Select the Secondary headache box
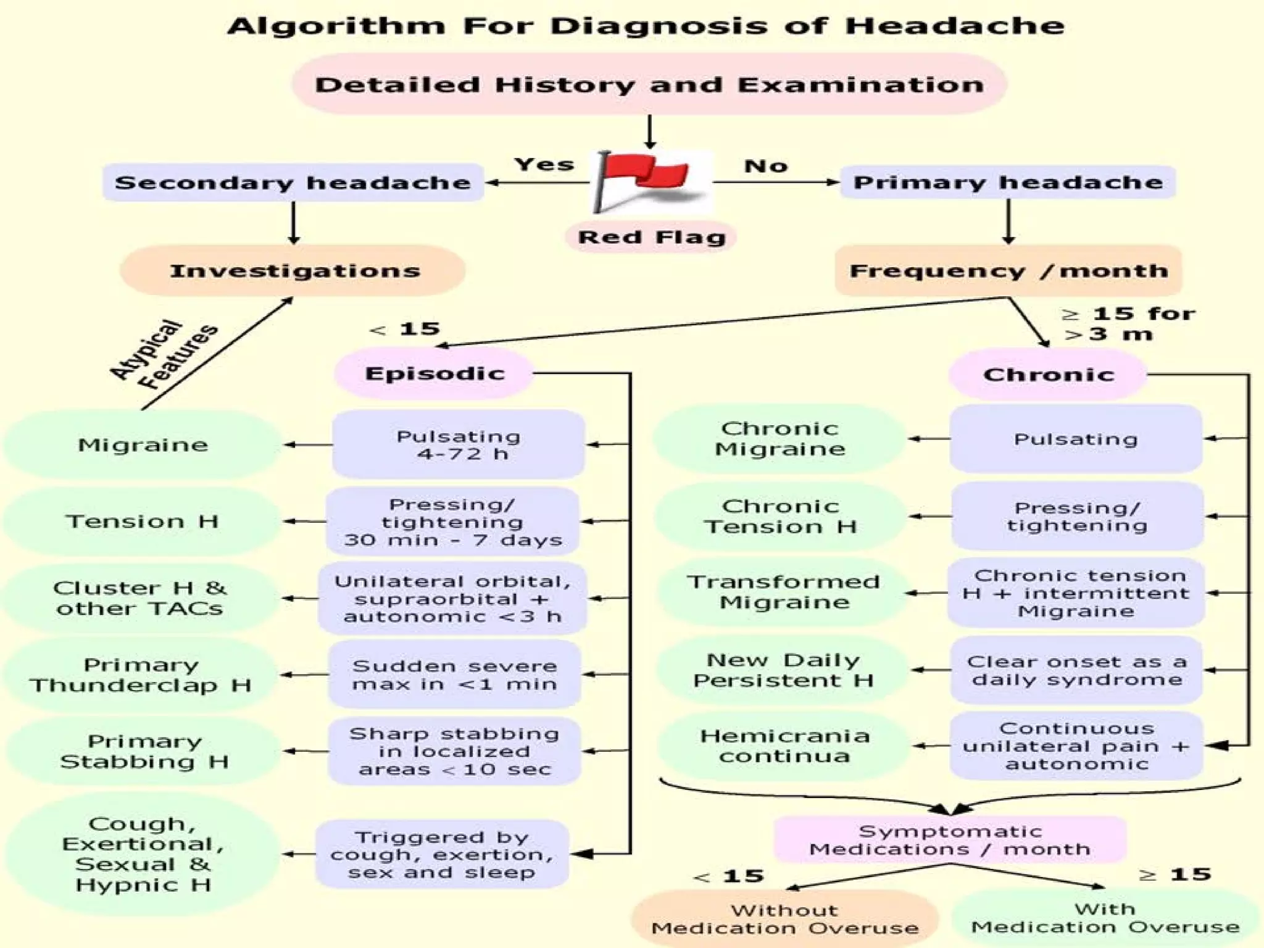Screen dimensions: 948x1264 click(293, 183)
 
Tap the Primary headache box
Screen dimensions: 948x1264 click(1008, 182)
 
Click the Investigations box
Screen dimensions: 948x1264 click(294, 271)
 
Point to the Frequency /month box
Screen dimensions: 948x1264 click(1008, 271)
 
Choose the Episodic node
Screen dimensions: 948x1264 click(434, 373)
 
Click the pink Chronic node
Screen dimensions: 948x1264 click(1048, 375)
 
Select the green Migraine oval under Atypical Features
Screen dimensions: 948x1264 click(143, 445)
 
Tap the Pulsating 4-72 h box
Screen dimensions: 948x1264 click(458, 445)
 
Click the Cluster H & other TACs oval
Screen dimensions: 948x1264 click(140, 598)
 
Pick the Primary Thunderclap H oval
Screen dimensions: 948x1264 click(140, 675)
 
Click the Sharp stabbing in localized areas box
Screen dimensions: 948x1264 click(454, 751)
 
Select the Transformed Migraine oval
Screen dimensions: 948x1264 click(783, 592)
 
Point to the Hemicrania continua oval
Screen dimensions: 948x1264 click(784, 746)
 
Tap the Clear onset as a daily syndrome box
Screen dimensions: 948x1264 click(1076, 670)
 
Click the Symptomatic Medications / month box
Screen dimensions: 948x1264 click(950, 840)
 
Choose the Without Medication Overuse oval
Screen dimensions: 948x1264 click(784, 919)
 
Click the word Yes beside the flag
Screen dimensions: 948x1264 click(544, 164)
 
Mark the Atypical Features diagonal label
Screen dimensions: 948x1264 click(164, 355)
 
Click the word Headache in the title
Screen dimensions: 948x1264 click(954, 26)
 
